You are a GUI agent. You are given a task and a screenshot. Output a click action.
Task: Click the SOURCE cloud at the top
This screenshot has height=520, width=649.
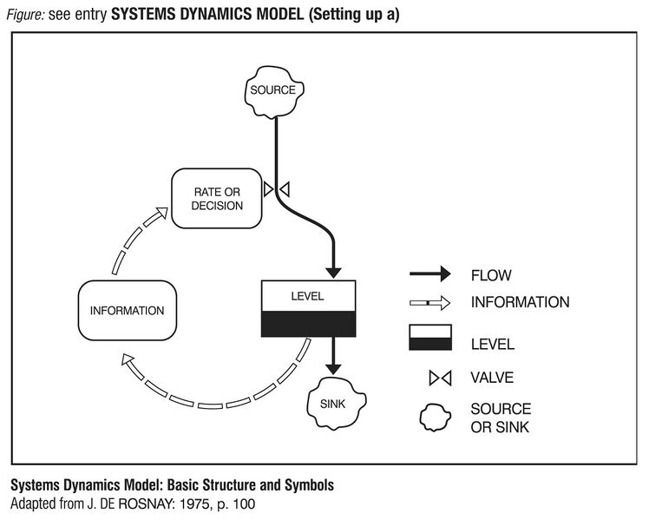[273, 90]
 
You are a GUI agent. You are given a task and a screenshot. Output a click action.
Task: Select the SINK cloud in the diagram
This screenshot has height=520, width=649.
[332, 404]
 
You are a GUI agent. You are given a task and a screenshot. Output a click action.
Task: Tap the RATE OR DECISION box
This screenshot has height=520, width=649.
[217, 199]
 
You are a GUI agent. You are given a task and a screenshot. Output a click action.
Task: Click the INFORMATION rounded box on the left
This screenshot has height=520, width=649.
[127, 310]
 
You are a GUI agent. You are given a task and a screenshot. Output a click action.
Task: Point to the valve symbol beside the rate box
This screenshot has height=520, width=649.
[277, 188]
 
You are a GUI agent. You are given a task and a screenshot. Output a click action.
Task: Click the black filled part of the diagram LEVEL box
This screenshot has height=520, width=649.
[308, 324]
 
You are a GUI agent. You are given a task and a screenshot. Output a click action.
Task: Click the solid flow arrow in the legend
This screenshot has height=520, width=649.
[430, 275]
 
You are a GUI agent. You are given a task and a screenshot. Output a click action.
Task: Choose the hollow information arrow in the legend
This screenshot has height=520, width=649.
[430, 303]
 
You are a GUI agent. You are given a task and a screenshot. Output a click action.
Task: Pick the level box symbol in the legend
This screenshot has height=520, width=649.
[430, 339]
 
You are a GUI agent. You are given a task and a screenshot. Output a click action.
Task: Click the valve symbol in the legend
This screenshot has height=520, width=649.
[430, 378]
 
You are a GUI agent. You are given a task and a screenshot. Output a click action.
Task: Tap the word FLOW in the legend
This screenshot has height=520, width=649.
[491, 276]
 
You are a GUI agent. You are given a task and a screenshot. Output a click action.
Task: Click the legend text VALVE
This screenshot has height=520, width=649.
[492, 378]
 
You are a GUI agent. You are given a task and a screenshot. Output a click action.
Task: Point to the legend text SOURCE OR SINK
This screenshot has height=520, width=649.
[501, 418]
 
